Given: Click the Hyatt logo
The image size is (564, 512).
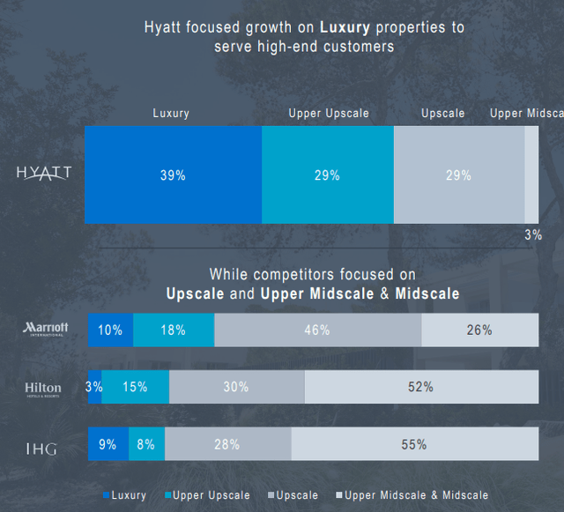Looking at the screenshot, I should (43, 172).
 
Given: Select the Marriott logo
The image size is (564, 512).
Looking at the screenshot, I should (45, 329).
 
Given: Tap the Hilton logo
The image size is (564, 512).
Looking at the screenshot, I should (43, 388).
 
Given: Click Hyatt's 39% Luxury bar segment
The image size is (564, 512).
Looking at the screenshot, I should (173, 174).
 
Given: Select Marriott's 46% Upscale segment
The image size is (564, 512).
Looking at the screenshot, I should (317, 330).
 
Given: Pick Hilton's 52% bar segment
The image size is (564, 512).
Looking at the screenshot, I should (420, 387).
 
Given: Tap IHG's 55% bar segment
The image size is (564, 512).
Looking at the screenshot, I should (414, 445).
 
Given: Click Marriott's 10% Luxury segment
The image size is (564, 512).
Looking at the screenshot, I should (110, 330).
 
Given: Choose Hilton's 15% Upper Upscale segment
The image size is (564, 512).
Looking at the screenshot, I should (136, 387).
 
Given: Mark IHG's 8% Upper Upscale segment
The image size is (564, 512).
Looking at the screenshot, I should (146, 445).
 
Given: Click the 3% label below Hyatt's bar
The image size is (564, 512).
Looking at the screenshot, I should (533, 234).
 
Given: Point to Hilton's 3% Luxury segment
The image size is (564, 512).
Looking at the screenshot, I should (94, 387).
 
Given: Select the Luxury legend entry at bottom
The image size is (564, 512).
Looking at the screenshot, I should (124, 495).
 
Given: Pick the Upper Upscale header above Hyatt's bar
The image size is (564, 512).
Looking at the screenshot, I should (329, 114).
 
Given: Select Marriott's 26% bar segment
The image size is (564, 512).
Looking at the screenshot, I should (479, 330).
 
